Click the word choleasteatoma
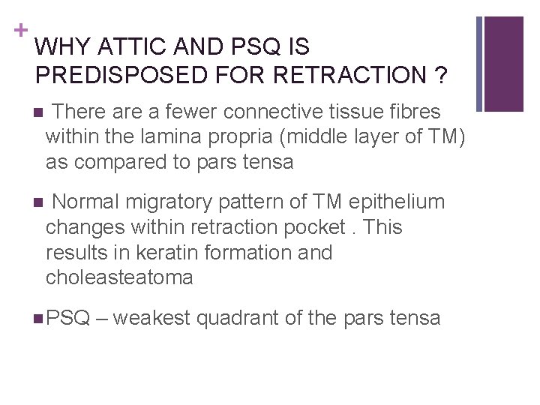119,277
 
